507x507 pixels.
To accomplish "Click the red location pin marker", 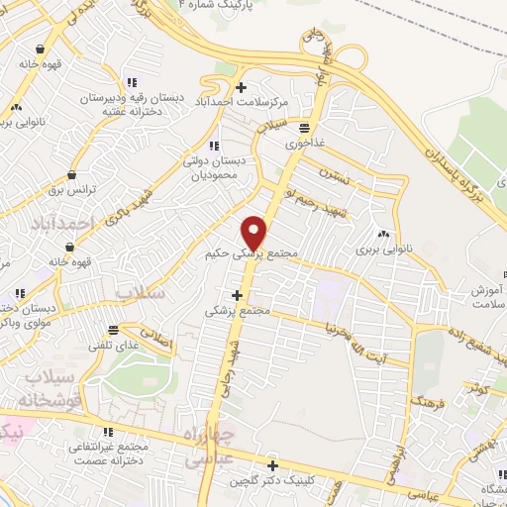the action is tap(254, 232).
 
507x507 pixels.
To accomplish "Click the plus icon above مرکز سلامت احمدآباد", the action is tap(241, 86).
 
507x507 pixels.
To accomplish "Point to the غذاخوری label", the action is tap(305, 144).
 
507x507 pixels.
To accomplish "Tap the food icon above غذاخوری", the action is tap(304, 128).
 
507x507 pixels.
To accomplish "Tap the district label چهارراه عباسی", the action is tap(209, 446).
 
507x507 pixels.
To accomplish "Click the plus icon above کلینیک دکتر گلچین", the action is tap(273, 464).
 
